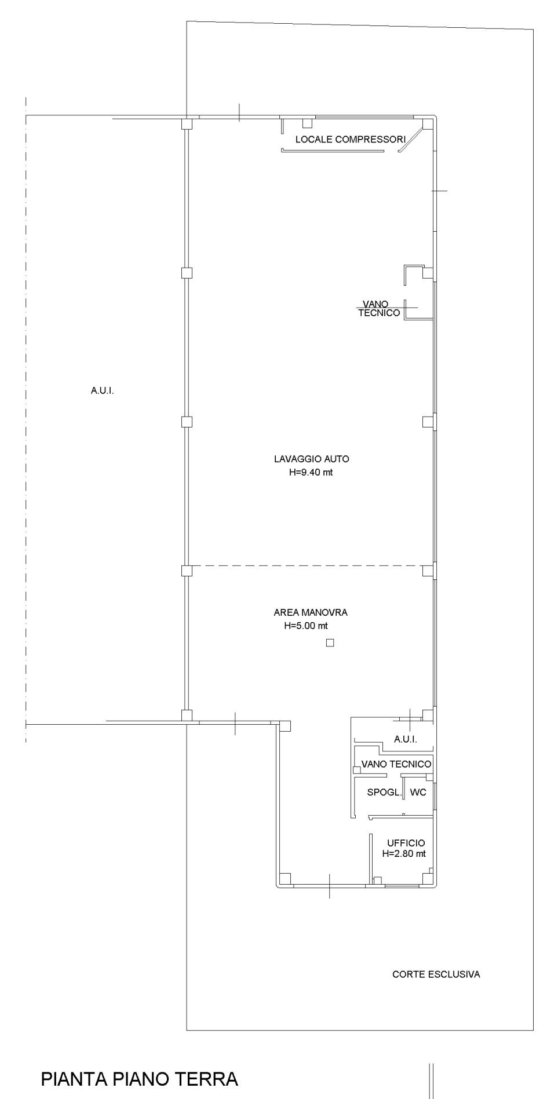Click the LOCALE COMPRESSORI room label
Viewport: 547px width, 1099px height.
coord(351,140)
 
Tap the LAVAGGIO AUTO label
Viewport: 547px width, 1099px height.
coord(312,459)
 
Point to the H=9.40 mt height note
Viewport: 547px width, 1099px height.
coord(311,472)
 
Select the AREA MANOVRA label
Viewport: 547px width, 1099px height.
coord(311,612)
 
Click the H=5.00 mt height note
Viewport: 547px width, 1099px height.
coord(306,626)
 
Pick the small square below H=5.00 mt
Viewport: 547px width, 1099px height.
coord(330,642)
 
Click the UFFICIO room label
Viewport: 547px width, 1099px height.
coord(406,843)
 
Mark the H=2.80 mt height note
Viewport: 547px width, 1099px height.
coord(404,854)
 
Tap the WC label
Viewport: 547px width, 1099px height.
coord(418,793)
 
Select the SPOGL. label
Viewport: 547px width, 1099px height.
coord(384,793)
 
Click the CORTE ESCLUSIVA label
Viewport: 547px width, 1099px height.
coord(436,974)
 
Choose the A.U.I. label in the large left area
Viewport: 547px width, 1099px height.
coord(103,391)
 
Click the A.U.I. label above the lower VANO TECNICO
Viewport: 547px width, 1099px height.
coord(406,740)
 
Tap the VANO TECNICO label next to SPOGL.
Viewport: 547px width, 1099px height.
coord(396,764)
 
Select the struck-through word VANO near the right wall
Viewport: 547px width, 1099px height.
coord(375,304)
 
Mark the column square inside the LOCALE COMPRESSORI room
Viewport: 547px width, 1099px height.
coord(308,123)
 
